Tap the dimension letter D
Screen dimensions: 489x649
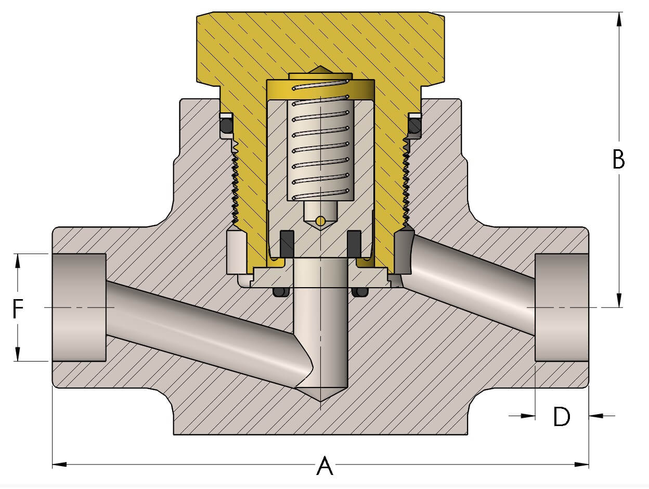562,416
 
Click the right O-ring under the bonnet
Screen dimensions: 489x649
414,126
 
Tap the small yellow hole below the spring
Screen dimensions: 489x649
321,222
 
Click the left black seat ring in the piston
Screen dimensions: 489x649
287,243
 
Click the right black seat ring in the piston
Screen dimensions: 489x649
354,243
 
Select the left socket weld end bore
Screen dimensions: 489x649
79,307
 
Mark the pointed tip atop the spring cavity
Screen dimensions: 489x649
321,68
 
